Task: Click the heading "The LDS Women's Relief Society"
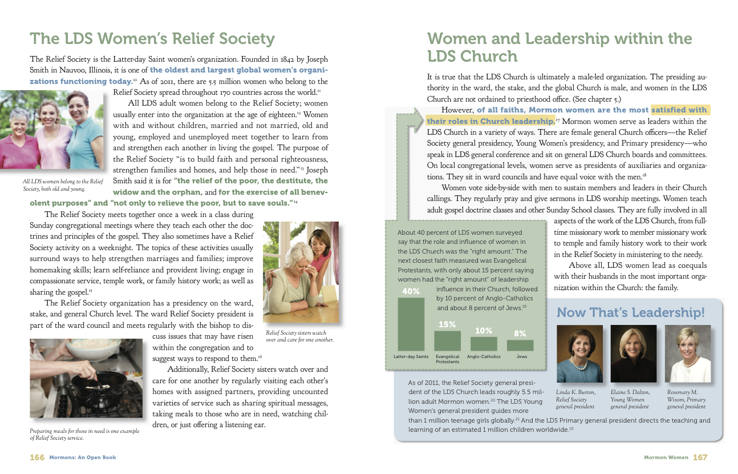pos(152,39)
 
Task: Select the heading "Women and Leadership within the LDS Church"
pos(559,47)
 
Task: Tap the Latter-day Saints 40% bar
pos(411,324)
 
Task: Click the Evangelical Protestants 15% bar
pos(447,340)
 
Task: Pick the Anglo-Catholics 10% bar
pos(484,343)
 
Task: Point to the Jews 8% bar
pos(520,345)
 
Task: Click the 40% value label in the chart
pos(411,291)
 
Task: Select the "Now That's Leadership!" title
pos(630,312)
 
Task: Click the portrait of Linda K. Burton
pos(579,354)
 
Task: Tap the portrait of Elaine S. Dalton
pos(633,354)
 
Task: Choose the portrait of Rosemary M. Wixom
pos(688,354)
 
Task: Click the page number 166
pos(37,457)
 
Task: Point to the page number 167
pos(700,457)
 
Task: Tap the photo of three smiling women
pos(66,130)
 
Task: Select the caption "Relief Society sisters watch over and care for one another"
pos(300,336)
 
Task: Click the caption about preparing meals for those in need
pos(84,435)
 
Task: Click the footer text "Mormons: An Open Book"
pos(82,457)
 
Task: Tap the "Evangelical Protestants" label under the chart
pos(447,359)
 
